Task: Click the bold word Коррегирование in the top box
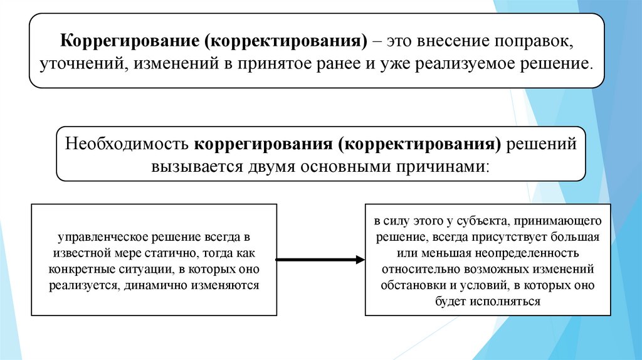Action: [x=127, y=43]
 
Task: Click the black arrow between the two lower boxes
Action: [x=320, y=259]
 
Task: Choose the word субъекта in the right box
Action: [x=479, y=222]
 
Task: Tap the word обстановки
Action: [x=410, y=285]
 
